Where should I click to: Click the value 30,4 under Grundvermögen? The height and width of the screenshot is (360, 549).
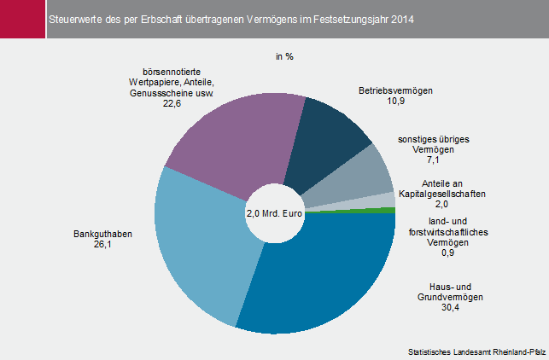(451, 309)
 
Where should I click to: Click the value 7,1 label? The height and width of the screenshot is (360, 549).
(434, 160)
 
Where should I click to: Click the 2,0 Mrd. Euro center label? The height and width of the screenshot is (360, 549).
(275, 212)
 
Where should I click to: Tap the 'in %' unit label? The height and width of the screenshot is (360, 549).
(284, 57)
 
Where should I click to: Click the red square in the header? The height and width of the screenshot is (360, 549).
(20, 18)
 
